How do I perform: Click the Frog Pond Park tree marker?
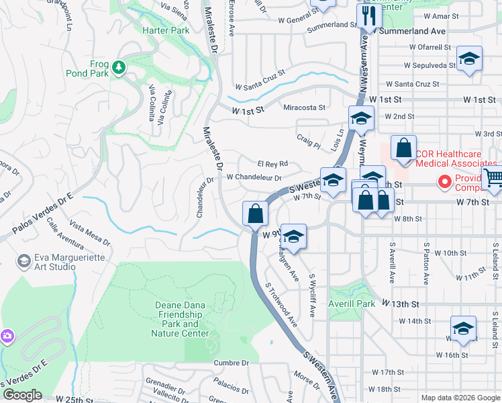click(x=119, y=67)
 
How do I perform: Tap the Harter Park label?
click(x=166, y=31)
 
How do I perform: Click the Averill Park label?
click(x=352, y=304)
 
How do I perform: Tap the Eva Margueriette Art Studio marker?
click(x=23, y=261)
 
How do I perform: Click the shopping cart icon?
click(x=493, y=178)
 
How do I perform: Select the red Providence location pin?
click(x=443, y=181)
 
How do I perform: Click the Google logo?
click(x=22, y=395)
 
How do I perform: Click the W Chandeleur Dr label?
click(x=253, y=177)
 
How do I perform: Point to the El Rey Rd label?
click(x=272, y=163)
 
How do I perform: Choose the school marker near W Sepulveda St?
click(x=469, y=58)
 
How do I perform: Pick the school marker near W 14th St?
click(x=463, y=328)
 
